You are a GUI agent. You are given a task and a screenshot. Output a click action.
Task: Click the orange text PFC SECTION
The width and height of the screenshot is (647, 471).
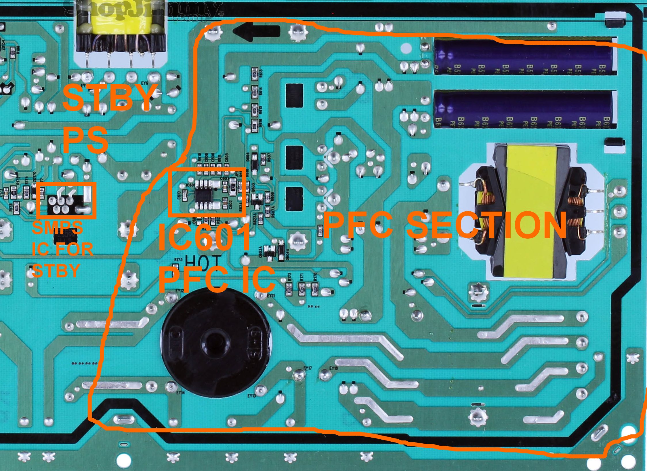click(444, 225)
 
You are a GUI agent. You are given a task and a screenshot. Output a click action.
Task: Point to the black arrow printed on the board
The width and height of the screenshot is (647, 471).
click(256, 31)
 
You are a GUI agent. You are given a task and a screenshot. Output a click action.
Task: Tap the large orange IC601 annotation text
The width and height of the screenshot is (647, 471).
click(204, 238)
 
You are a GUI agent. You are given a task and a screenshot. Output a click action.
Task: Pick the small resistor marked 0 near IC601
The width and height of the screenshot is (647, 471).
click(233, 188)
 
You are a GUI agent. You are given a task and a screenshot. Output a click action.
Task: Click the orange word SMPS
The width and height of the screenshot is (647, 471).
click(58, 228)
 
